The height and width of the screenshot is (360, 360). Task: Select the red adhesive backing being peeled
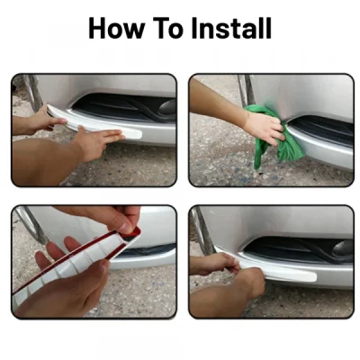(90, 256)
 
